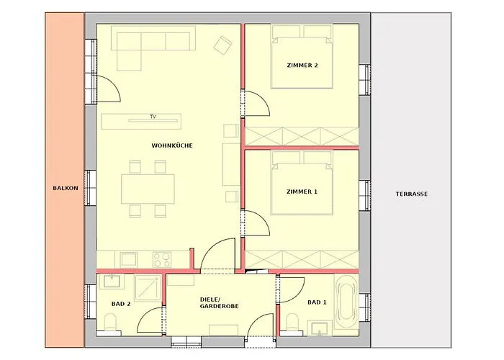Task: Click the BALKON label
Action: pyautogui.click(x=66, y=188)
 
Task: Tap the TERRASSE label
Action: pyautogui.click(x=411, y=194)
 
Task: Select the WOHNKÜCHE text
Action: pyautogui.click(x=172, y=145)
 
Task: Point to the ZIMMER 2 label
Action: pyautogui.click(x=302, y=66)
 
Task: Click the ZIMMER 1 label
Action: pyautogui.click(x=302, y=192)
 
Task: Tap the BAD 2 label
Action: pyautogui.click(x=121, y=304)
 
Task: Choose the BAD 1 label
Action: pyautogui.click(x=317, y=302)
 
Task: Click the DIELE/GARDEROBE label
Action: pyautogui.click(x=219, y=303)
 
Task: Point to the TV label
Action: pyautogui.click(x=153, y=117)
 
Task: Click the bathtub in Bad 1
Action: pyautogui.click(x=346, y=301)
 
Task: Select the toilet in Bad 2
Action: pyautogui.click(x=111, y=323)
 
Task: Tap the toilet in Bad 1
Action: pyautogui.click(x=292, y=323)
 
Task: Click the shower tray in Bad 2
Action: pyautogui.click(x=148, y=288)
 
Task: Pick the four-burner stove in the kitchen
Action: pyautogui.click(x=162, y=260)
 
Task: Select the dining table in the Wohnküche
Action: pyautogui.click(x=148, y=189)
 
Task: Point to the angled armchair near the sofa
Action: pyautogui.click(x=222, y=45)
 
